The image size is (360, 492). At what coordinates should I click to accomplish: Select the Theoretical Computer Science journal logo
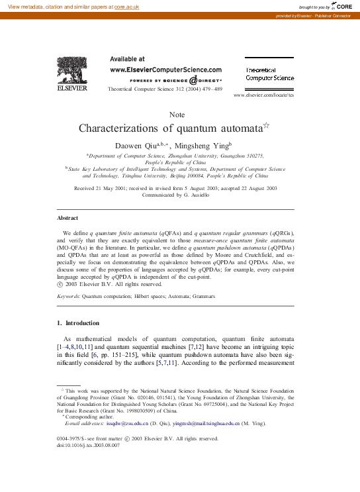(270, 74)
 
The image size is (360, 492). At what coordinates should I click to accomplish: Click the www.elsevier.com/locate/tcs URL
(264, 95)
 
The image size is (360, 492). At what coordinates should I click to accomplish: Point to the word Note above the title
(177, 115)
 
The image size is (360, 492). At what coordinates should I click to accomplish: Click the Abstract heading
(67, 217)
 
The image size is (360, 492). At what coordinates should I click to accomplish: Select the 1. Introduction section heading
(78, 323)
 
